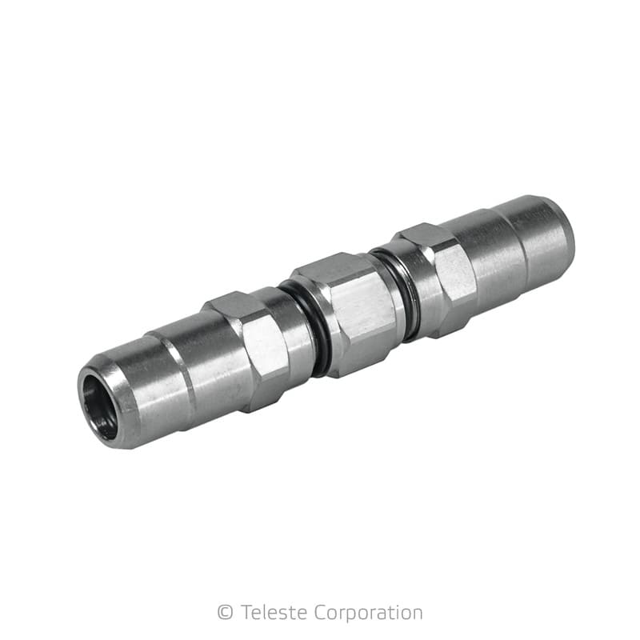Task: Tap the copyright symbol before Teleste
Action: click(x=225, y=613)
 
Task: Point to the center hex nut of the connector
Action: click(x=352, y=312)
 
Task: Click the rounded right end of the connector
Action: click(x=552, y=232)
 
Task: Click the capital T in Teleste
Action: click(x=244, y=613)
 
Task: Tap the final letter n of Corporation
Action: click(x=417, y=613)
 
